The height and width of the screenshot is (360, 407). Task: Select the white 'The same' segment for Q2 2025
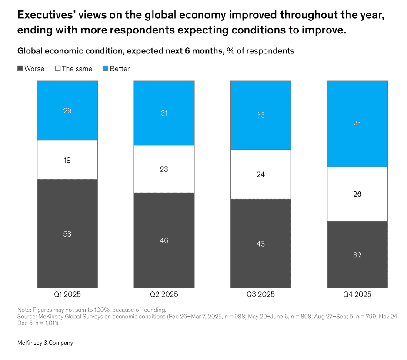[x=164, y=169]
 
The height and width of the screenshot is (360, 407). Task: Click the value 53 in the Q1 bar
[x=67, y=234]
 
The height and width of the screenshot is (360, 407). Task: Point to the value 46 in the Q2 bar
[x=164, y=240]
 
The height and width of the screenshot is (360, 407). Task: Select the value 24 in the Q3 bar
[x=260, y=174]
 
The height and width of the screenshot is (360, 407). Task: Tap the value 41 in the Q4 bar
[x=357, y=124]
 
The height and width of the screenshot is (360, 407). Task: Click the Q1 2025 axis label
[x=67, y=294]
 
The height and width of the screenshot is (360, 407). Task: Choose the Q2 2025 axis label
[x=164, y=294]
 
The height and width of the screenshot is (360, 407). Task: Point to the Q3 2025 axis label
[x=260, y=294]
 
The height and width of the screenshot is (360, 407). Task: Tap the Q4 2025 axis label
[x=357, y=294]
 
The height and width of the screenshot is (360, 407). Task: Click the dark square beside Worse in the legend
[x=20, y=69]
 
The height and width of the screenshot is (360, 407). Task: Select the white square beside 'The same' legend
[x=57, y=69]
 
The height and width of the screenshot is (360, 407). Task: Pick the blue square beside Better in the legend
[x=105, y=69]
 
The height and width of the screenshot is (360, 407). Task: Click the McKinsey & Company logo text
[x=45, y=343]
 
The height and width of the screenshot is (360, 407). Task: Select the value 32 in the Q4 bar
[x=357, y=255]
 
